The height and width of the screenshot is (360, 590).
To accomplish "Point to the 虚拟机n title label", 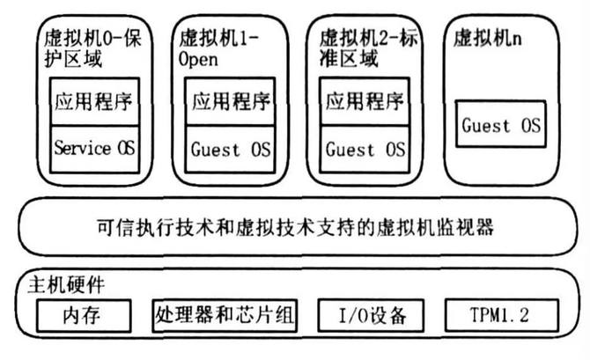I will (x=486, y=40).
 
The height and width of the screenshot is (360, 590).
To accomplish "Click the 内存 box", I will (x=84, y=314).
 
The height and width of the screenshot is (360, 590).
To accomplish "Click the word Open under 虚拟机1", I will (x=198, y=61).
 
